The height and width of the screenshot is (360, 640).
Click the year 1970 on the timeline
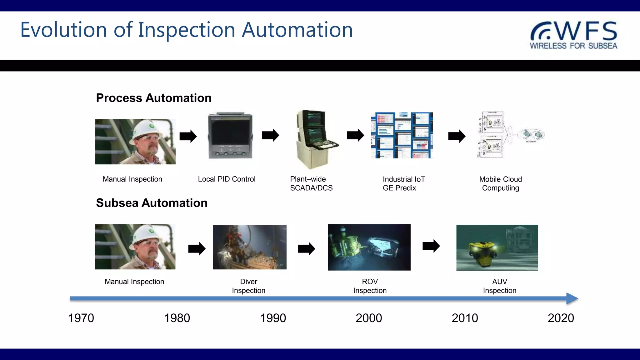click(81, 318)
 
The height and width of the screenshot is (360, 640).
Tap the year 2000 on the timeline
click(369, 318)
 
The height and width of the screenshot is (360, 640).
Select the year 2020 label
click(561, 318)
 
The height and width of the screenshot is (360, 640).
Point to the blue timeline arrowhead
click(572, 299)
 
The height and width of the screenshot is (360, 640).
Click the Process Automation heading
click(153, 98)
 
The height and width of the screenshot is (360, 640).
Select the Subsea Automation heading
click(152, 203)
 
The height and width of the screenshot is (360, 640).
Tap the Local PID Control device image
click(230, 136)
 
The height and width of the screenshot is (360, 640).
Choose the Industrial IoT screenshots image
click(402, 135)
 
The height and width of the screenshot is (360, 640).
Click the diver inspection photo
click(249, 247)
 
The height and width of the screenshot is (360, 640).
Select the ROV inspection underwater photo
click(369, 247)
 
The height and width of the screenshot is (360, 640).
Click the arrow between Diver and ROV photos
click(306, 249)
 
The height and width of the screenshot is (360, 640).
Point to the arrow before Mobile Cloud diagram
click(457, 136)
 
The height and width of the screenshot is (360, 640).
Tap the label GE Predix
click(399, 188)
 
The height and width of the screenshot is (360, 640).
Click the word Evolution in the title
click(63, 30)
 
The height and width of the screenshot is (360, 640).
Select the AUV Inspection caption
click(499, 286)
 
